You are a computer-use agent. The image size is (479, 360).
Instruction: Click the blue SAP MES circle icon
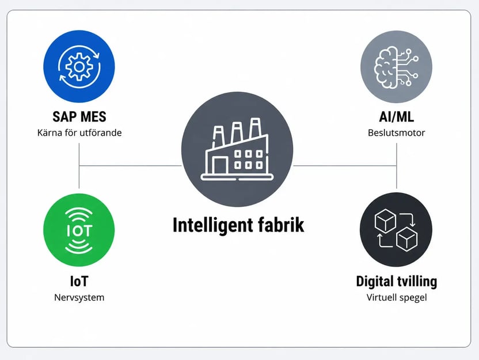[79, 66]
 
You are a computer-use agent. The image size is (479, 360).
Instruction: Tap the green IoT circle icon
[79, 230]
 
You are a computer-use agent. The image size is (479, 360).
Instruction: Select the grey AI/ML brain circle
[396, 67]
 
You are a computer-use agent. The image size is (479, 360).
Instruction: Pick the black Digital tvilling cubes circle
[396, 229]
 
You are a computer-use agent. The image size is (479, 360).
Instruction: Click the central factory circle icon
[237, 149]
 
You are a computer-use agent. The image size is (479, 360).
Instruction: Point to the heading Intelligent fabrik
[238, 225]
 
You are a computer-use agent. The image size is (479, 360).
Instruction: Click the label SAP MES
[79, 117]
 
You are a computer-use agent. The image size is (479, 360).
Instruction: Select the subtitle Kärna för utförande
[79, 132]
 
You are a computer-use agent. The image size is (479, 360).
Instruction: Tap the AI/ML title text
[397, 117]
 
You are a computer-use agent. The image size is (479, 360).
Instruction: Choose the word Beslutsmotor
[397, 132]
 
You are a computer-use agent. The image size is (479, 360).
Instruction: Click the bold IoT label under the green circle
[79, 282]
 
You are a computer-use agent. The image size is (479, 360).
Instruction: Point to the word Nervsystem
[79, 297]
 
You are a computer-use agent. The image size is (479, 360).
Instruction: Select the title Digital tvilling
[397, 282]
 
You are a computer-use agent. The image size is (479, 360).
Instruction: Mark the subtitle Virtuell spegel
[397, 297]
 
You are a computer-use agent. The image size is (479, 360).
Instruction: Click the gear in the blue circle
[79, 67]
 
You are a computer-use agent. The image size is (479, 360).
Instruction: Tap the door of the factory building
[220, 165]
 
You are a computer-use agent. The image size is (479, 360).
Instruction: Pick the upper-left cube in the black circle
[385, 220]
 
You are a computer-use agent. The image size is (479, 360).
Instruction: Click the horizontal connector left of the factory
[131, 166]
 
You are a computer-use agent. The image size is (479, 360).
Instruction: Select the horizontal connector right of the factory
[345, 166]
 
